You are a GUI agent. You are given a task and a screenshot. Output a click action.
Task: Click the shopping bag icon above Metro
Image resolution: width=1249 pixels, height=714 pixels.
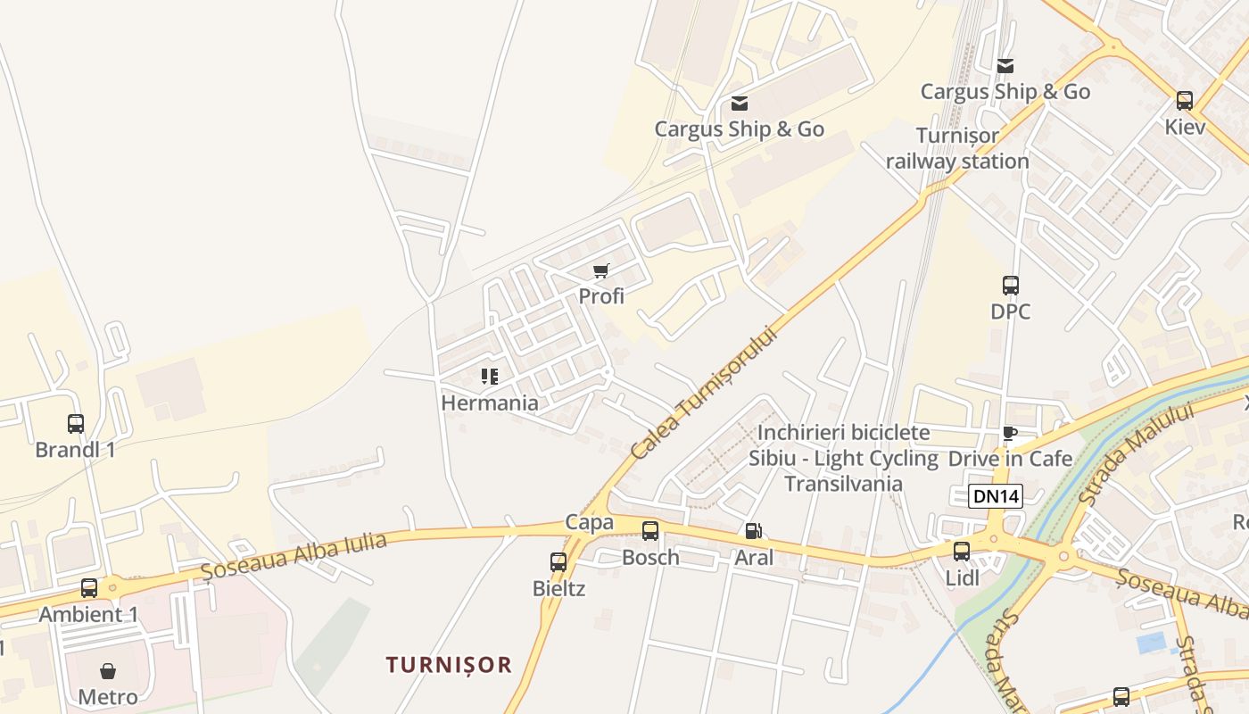108,670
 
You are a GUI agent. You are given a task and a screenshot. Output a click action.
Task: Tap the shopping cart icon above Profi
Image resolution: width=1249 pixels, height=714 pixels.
600,270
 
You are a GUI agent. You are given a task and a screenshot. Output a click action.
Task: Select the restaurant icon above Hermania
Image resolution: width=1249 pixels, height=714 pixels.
489,377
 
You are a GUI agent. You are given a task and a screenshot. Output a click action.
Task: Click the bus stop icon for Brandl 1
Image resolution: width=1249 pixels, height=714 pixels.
76,424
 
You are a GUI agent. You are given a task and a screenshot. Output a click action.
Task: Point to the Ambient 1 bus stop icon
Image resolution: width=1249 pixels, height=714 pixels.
89,588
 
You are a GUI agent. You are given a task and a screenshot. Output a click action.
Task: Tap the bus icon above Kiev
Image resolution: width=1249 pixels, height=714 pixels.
1185,101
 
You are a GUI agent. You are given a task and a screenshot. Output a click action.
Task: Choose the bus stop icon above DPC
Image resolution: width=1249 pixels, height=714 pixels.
1011,286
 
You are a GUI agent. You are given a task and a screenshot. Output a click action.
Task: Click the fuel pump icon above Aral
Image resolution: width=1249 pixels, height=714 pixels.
753,532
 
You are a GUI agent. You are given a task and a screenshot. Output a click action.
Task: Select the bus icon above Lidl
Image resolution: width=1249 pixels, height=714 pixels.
962,552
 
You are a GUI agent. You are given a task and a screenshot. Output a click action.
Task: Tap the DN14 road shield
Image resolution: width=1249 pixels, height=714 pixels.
996,497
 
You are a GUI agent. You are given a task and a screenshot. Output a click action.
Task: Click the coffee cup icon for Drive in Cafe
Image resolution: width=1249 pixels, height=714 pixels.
1010,434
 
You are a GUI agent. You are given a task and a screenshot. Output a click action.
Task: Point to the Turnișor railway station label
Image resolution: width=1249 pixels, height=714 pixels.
957,149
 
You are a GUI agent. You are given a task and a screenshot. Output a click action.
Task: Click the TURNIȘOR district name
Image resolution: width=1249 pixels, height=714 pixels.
449,665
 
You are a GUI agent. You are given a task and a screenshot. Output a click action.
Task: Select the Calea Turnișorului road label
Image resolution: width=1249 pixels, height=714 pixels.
704,392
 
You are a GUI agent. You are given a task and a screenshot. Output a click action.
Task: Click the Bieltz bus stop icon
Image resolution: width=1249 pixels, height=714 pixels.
558,562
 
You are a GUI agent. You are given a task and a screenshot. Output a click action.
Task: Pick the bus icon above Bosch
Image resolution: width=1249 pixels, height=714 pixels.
650,531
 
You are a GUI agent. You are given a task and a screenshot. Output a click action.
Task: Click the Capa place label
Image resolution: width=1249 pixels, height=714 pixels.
589,522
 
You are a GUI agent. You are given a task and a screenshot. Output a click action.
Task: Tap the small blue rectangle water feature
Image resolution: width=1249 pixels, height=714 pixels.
1152,643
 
